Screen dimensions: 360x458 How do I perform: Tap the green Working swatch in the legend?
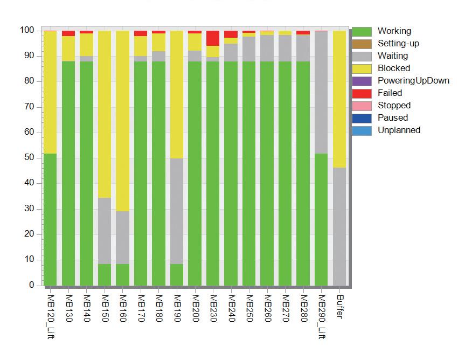tap(362, 31)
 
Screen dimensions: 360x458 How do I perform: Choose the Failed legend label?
tap(390, 93)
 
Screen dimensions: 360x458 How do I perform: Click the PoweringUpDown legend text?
tap(413, 81)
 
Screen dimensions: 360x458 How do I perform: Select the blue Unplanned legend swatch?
tap(362, 130)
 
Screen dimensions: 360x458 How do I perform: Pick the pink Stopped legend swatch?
tap(362, 106)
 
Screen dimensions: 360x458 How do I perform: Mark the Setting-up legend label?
tap(398, 44)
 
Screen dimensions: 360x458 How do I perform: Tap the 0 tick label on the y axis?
tap(31, 285)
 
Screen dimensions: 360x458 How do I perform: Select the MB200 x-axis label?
tap(194, 308)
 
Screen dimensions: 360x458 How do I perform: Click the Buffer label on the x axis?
tap(339, 306)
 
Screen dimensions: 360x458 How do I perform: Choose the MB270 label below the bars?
tap(285, 308)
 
